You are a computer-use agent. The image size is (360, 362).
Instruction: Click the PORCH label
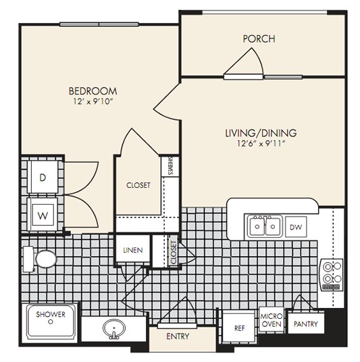click(259, 38)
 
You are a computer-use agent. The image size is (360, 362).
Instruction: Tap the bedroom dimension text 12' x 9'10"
click(93, 101)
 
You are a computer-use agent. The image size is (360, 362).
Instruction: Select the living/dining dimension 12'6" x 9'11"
click(261, 144)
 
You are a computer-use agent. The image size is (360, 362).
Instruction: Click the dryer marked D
click(43, 178)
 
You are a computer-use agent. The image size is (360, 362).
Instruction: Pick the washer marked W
click(43, 215)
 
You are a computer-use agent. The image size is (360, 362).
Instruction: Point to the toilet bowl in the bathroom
click(46, 259)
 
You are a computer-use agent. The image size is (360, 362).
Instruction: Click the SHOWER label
click(51, 314)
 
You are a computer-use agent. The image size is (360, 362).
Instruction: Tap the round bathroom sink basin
click(114, 328)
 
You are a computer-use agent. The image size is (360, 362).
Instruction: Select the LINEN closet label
click(133, 250)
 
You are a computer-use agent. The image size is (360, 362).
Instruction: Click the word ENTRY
click(178, 336)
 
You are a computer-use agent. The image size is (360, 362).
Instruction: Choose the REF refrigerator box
click(238, 328)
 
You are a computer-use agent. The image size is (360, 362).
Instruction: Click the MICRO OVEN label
click(272, 320)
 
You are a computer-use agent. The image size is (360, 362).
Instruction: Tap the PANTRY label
click(305, 324)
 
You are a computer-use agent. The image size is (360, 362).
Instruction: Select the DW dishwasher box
click(296, 227)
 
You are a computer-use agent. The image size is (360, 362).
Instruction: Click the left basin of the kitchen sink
click(257, 226)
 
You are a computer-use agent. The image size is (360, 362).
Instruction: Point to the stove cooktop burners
click(332, 274)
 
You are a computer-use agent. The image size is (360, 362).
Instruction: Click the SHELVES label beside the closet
click(170, 165)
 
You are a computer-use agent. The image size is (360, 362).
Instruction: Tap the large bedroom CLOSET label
click(138, 185)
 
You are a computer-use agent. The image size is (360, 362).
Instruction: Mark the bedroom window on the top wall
click(99, 24)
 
